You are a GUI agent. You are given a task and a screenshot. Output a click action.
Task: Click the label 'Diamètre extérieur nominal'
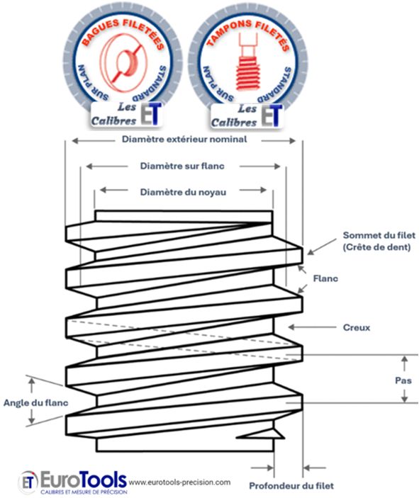click(184, 139)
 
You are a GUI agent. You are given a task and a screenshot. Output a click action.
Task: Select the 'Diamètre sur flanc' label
click(182, 166)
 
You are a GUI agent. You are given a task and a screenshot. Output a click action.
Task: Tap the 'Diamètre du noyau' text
click(183, 192)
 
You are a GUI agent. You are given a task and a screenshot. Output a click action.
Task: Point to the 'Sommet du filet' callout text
click(379, 235)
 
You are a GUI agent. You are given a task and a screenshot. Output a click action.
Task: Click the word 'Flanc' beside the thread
click(325, 278)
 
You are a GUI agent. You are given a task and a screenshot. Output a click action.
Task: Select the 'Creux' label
click(357, 327)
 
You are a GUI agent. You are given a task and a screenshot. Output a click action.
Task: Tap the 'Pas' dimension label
click(403, 380)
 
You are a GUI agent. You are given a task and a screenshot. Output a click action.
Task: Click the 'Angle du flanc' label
click(36, 402)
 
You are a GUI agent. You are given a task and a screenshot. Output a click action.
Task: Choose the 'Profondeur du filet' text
click(291, 486)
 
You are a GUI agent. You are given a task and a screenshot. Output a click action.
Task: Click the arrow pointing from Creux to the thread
click(312, 327)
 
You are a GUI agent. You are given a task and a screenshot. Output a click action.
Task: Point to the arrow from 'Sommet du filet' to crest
click(322, 247)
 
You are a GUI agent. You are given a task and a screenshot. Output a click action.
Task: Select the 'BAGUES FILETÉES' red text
click(123, 33)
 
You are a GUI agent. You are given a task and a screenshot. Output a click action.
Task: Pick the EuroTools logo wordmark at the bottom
click(84, 480)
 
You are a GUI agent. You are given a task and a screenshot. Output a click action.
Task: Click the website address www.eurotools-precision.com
click(179, 482)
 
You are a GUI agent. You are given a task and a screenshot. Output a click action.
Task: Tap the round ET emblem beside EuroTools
click(28, 482)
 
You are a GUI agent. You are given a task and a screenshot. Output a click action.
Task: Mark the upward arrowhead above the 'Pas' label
click(404, 360)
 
